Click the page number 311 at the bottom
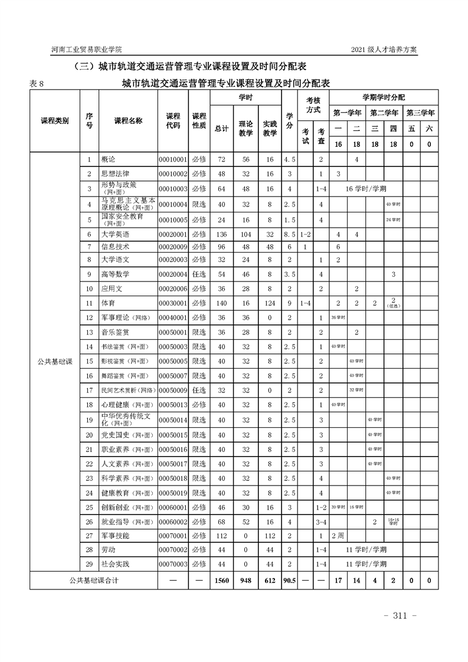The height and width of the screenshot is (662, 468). (x=401, y=616)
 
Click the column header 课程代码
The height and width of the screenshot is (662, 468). (x=173, y=121)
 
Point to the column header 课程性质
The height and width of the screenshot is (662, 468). (x=199, y=121)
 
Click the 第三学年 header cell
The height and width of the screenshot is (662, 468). (x=420, y=112)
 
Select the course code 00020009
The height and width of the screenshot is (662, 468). (x=173, y=246)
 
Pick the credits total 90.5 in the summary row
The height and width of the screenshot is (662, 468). (x=289, y=581)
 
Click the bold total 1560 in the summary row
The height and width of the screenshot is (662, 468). (x=222, y=581)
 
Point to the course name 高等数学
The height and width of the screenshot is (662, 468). (x=115, y=274)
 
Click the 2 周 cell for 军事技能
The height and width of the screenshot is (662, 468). (x=338, y=536)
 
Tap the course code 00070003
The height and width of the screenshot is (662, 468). (x=173, y=564)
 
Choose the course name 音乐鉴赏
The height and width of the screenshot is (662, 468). (x=115, y=332)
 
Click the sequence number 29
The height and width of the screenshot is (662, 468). (x=89, y=564)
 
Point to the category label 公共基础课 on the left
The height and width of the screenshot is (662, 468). (x=54, y=361)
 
